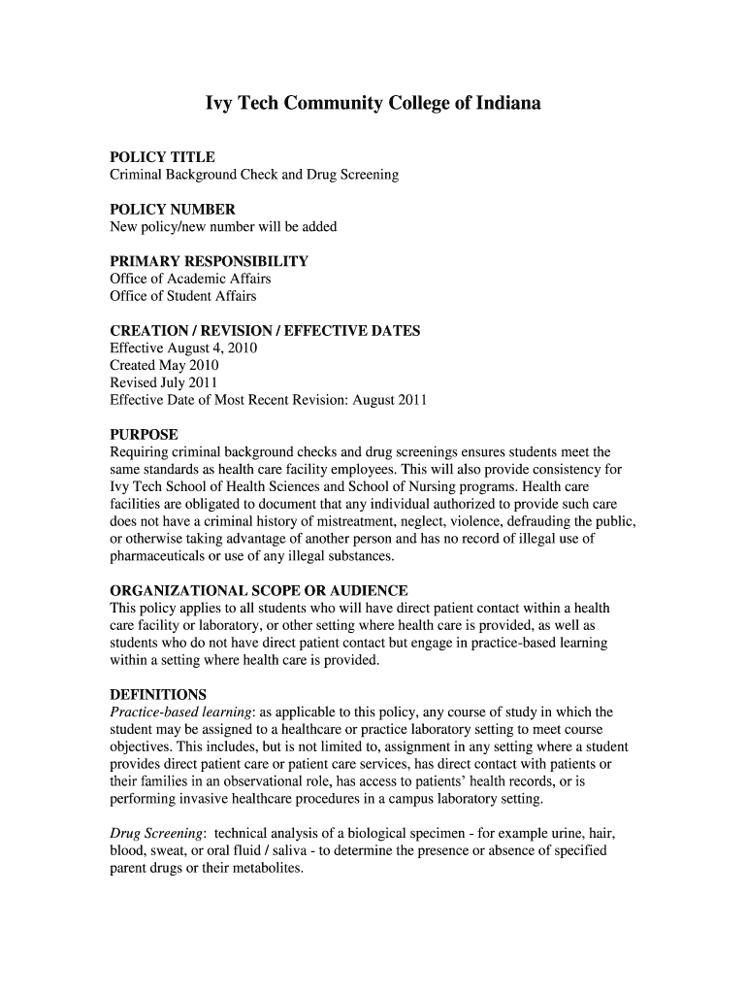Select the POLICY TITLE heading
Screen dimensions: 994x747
coord(162,157)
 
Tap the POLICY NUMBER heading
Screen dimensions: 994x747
coord(173,210)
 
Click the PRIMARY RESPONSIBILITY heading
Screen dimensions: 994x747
coord(209,261)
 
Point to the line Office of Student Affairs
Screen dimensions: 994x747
coord(183,296)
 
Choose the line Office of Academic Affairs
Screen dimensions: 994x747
coord(190,279)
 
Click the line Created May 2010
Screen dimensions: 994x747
coord(164,365)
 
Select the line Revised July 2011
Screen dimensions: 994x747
coord(163,382)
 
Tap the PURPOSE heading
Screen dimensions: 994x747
coord(144,435)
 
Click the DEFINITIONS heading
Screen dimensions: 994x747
coord(158,695)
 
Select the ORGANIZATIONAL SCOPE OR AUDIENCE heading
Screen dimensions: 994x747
coord(258,591)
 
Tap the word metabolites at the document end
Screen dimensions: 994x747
coord(269,869)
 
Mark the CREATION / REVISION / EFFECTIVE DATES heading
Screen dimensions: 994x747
coord(265,331)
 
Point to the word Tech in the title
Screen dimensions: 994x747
coord(257,103)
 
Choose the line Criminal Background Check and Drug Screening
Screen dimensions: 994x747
coord(254,175)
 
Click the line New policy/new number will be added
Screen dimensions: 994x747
coord(223,227)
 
